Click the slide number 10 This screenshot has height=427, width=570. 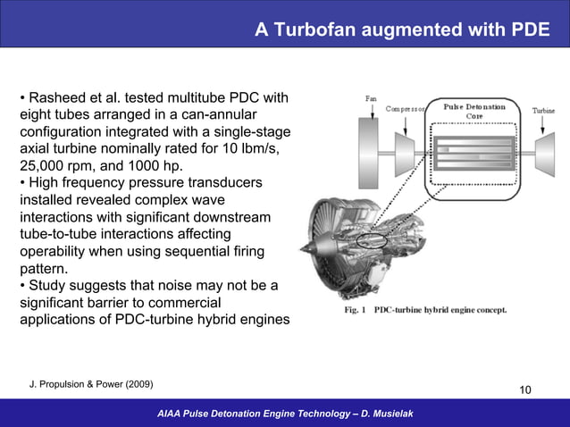pos(524,389)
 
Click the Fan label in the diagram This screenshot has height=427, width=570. pos(370,98)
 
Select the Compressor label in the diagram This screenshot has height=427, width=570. pos(405,109)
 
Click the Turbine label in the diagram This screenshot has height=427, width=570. pos(544,111)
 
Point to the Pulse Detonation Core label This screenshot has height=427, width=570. pos(474,111)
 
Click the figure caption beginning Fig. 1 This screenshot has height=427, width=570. pos(425,311)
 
